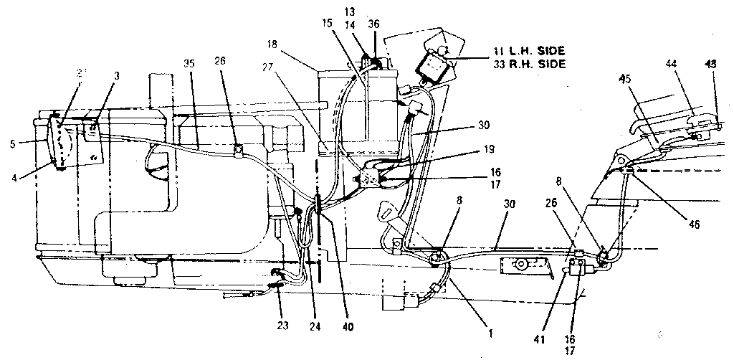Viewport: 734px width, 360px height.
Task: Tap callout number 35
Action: point(189,63)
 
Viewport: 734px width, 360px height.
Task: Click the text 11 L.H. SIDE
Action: point(529,51)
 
